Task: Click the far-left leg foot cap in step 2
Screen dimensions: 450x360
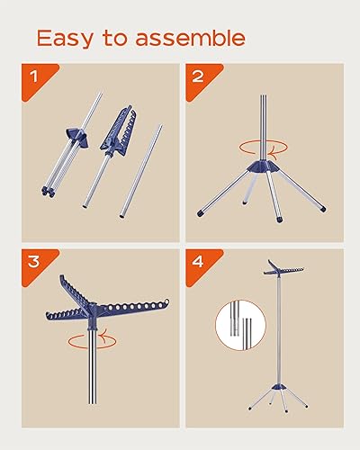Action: coord(201,214)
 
